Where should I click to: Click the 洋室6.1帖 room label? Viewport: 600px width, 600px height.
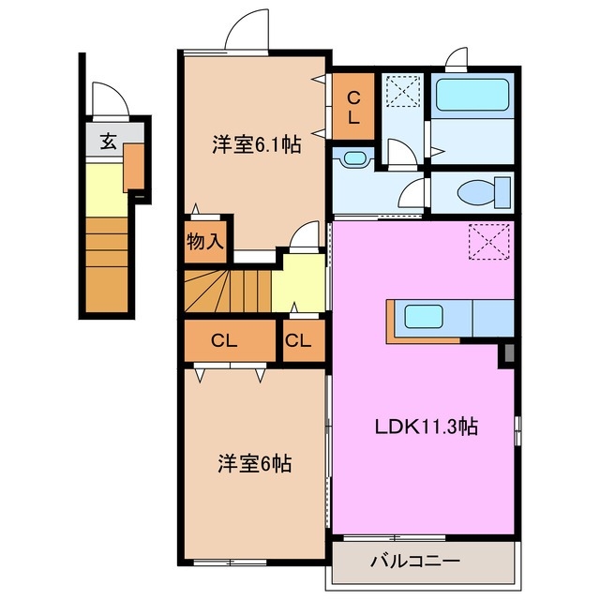pyautogui.click(x=255, y=145)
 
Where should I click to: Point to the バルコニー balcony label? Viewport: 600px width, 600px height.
pyautogui.click(x=414, y=563)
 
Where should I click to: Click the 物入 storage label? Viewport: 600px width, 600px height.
pyautogui.click(x=205, y=242)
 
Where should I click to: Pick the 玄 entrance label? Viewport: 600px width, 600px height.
pyautogui.click(x=108, y=142)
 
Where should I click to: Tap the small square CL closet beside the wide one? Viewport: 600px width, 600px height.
pyautogui.click(x=298, y=341)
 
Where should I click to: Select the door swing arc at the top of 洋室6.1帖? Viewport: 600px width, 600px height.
pyautogui.click(x=247, y=28)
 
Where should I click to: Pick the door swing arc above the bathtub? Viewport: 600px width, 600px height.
pyautogui.click(x=457, y=59)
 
